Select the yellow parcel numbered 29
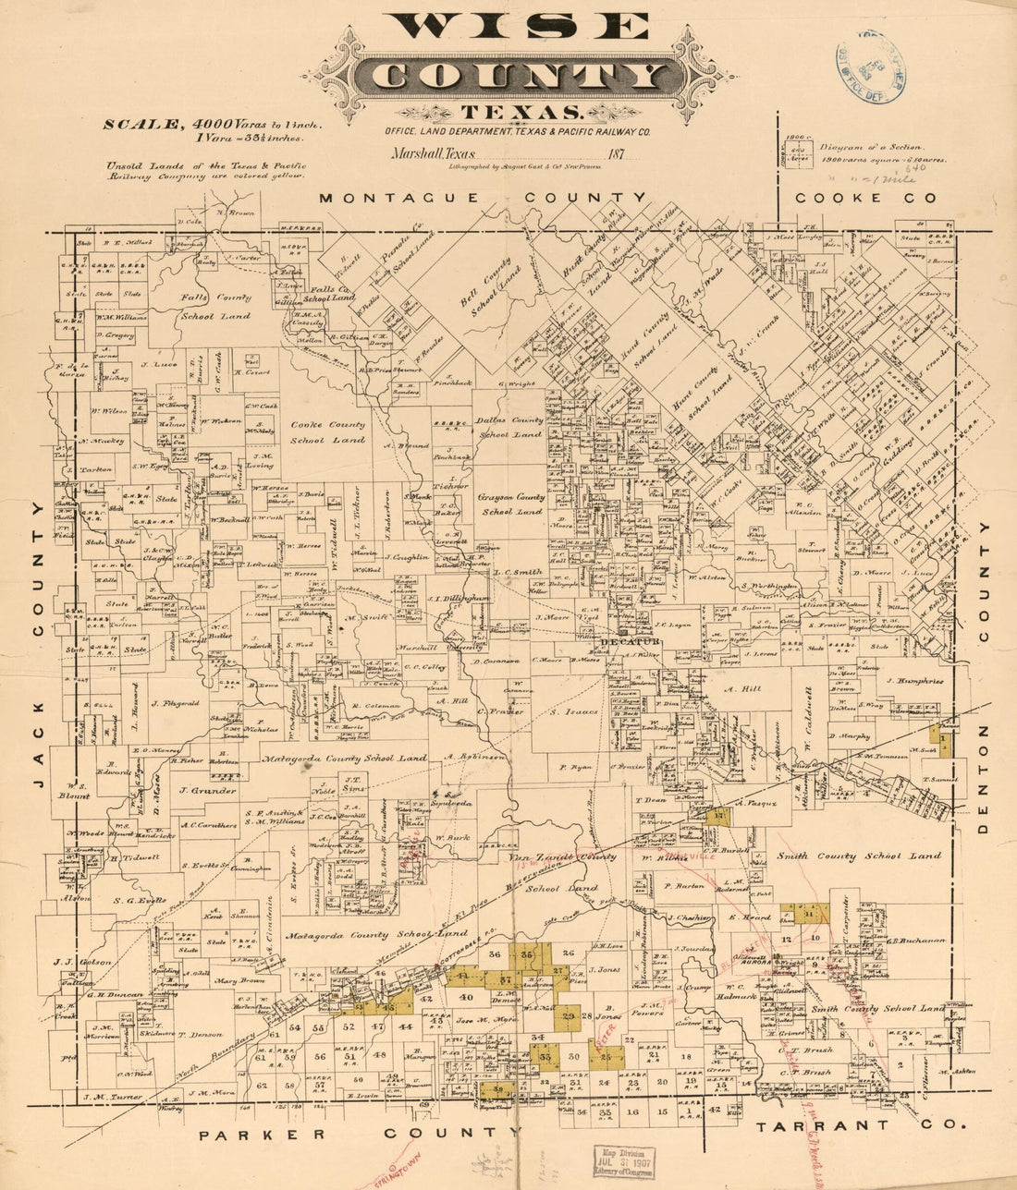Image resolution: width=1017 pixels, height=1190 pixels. pos(570,1016)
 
